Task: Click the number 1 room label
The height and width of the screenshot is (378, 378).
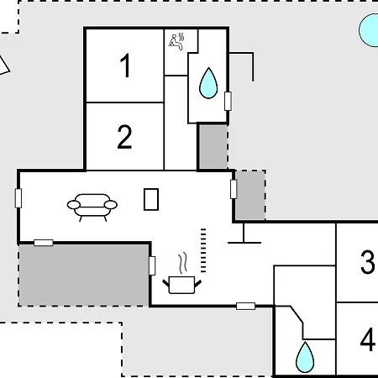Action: [125, 66]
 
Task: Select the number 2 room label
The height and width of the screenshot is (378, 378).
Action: [124, 137]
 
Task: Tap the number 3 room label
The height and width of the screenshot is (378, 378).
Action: [367, 262]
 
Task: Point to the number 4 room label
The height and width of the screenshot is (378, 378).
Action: [368, 339]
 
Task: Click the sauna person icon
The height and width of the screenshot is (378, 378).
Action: [177, 41]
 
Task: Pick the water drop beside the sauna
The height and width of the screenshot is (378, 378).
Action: [208, 83]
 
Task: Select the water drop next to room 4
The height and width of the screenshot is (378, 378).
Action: [305, 357]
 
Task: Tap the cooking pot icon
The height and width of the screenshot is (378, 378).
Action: [182, 285]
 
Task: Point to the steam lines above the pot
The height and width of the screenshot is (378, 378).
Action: [183, 263]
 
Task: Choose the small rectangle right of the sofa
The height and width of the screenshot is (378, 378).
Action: [151, 199]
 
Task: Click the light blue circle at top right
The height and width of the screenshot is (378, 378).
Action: [369, 30]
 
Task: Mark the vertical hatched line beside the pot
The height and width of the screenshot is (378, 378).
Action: [203, 250]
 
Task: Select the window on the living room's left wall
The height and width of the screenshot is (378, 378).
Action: [18, 198]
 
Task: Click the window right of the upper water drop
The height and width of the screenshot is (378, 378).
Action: [228, 101]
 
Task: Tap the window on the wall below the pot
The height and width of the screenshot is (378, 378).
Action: [245, 306]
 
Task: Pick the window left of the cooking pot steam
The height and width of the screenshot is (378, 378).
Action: [152, 265]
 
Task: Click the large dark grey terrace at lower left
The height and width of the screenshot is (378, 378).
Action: [83, 276]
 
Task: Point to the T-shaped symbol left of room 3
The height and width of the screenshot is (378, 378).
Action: [244, 234]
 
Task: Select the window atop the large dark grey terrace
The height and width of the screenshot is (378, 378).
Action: [44, 243]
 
